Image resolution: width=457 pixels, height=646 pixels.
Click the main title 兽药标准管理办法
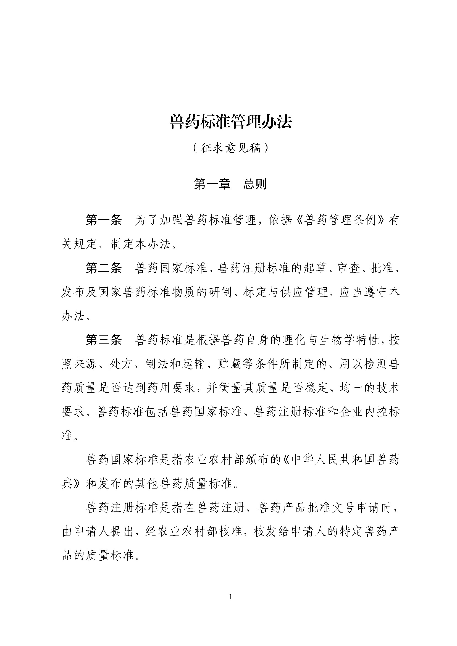pos(231,122)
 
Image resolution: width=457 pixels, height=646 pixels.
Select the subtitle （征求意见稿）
pos(230,148)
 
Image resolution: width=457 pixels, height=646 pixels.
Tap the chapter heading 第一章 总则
pos(230,184)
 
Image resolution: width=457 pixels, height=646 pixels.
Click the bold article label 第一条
pos(104,220)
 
